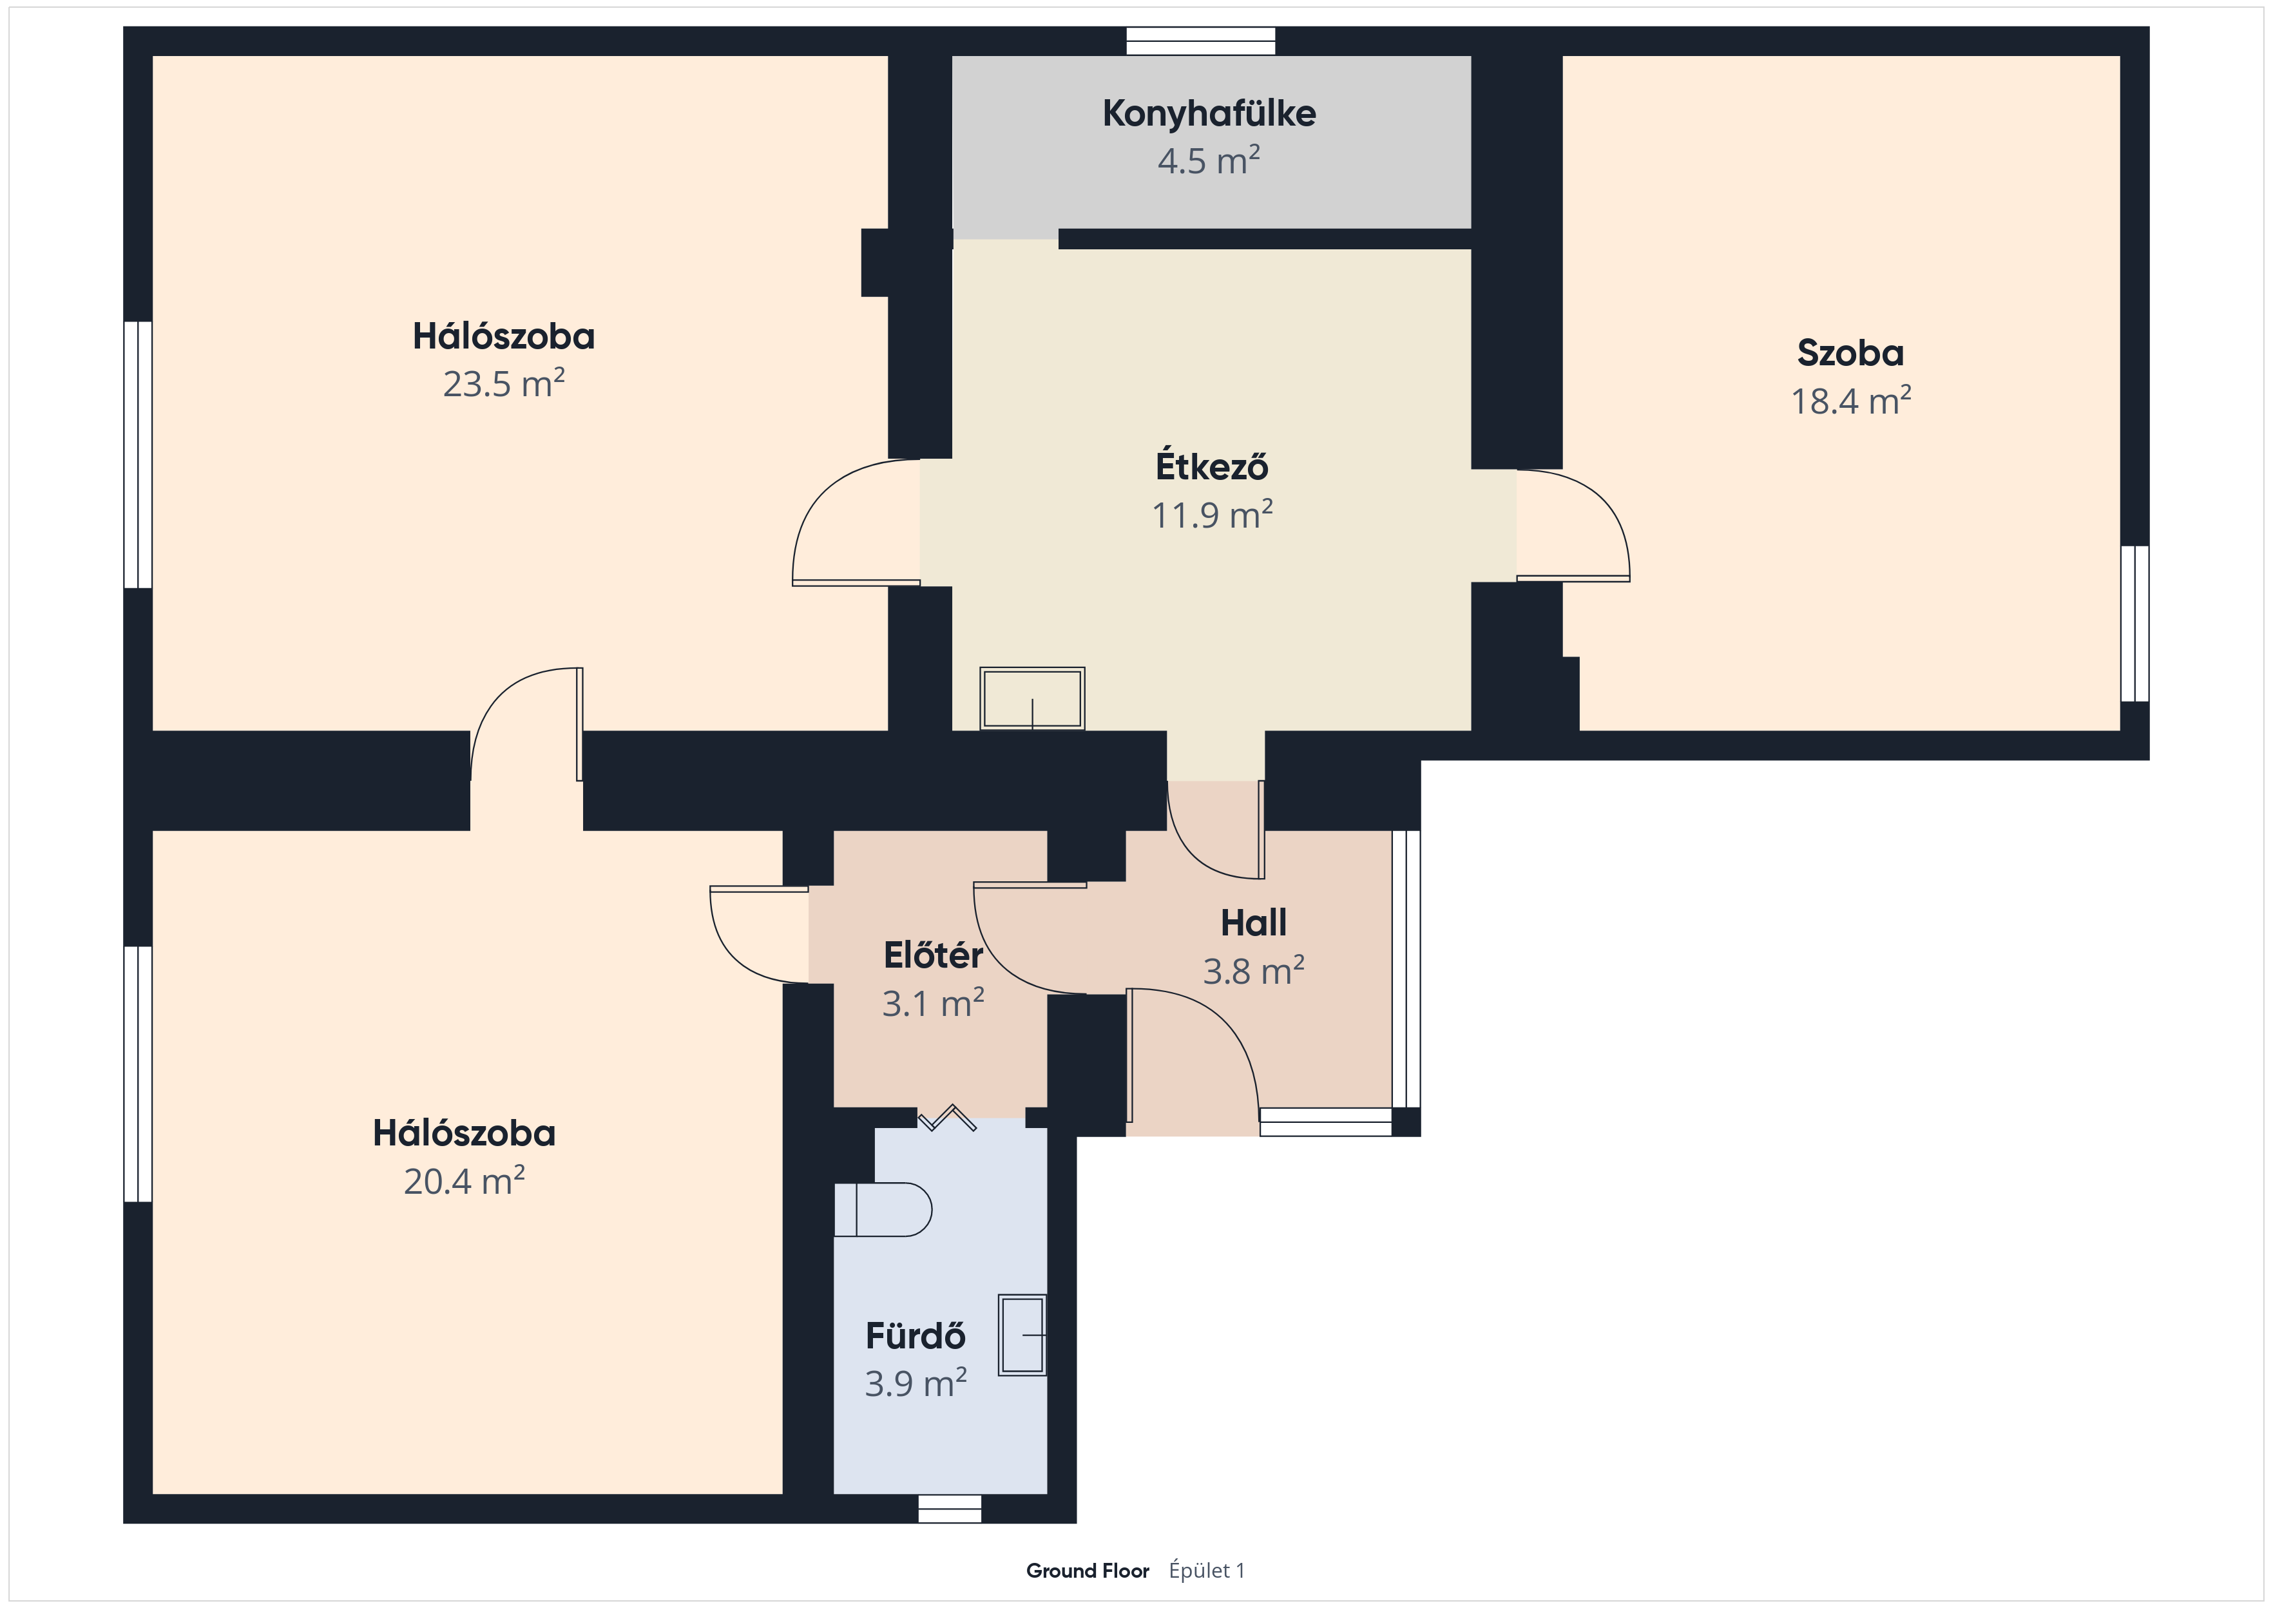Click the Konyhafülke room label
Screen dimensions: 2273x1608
pyautogui.click(x=1209, y=114)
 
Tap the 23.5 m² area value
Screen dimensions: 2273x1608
pyautogui.click(x=504, y=383)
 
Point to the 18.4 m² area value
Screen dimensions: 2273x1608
pyautogui.click(x=1850, y=400)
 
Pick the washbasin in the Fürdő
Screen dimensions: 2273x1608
pyautogui.click(x=1022, y=1335)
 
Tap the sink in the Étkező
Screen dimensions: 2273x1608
pyautogui.click(x=1033, y=699)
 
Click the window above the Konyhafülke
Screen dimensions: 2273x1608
pyautogui.click(x=1201, y=41)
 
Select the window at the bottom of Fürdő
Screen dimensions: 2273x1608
pyautogui.click(x=950, y=1508)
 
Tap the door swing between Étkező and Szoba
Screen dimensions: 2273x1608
pyautogui.click(x=1573, y=526)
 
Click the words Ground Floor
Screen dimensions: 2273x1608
pyautogui.click(x=1087, y=1571)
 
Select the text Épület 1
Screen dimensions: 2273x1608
pyautogui.click(x=1207, y=1571)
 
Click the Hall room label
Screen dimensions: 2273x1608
pyautogui.click(x=1253, y=923)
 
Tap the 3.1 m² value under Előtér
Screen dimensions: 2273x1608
pyautogui.click(x=934, y=1003)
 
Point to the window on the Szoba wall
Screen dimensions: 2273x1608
pyautogui.click(x=2134, y=624)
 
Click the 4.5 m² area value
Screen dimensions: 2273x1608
pyautogui.click(x=1209, y=160)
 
